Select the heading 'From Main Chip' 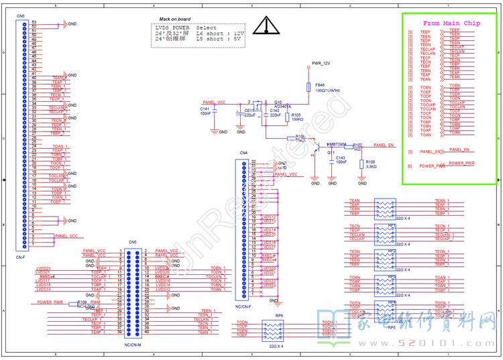pos(451,23)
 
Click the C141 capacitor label pos(205,108)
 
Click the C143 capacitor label pos(341,158)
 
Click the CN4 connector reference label pos(244,154)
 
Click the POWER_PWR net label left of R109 pos(50,302)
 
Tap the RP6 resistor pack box pos(273,330)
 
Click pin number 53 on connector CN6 pos(34,22)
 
